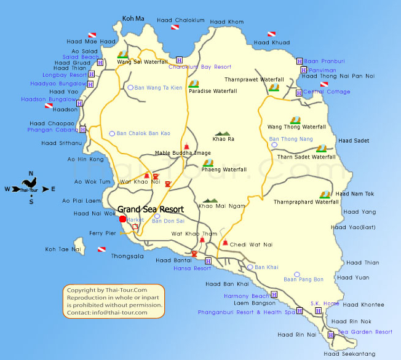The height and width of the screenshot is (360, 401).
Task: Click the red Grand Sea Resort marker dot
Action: coord(122,219)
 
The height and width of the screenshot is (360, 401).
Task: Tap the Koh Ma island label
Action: coord(133,19)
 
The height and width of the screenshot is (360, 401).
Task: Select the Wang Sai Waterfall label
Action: coord(142,62)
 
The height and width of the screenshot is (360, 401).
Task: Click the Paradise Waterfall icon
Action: coord(194,84)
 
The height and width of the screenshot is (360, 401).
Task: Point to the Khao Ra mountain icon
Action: coord(221,133)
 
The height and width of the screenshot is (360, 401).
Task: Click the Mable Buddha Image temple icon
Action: coord(186,145)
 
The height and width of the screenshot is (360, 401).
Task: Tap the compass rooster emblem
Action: coord(28,182)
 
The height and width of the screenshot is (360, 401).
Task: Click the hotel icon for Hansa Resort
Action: coord(208,261)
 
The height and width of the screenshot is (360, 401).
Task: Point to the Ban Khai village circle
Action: coord(250,267)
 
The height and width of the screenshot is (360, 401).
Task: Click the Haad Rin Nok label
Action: coord(351,321)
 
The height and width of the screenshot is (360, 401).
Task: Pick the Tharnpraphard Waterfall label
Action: coord(306,202)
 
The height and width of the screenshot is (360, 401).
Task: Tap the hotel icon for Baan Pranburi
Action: coord(299,61)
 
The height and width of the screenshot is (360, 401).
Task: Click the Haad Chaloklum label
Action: coord(180,20)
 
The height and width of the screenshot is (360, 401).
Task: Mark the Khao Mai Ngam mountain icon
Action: coord(210,200)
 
